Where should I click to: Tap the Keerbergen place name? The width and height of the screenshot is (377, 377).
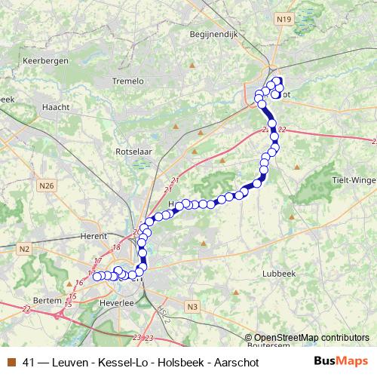pos(46,60)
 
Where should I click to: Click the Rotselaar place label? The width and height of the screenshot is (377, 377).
pos(133,152)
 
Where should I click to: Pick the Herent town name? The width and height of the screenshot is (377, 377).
pos(94,236)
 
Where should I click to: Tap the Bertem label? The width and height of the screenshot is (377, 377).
pos(48,300)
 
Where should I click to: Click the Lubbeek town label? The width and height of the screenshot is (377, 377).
pos(278,274)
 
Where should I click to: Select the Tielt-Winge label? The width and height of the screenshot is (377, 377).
pos(354,179)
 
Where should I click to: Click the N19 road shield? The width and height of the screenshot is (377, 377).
pos(284,19)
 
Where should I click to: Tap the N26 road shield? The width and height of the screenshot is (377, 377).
pos(47,185)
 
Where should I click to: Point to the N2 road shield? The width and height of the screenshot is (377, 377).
pos(25,248)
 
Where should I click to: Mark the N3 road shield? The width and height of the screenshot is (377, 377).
pos(192,306)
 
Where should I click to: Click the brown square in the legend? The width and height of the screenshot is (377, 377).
pos(11,362)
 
